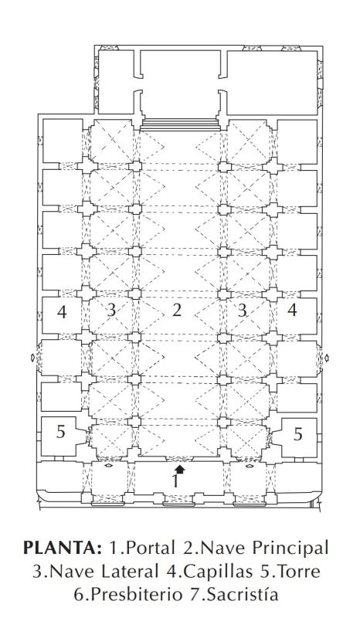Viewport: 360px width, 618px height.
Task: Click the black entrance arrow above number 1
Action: pos(180,469)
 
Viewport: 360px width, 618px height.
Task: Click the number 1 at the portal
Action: pos(175,480)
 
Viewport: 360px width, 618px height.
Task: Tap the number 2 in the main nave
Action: pos(177,311)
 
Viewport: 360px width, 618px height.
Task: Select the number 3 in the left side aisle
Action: pos(111,311)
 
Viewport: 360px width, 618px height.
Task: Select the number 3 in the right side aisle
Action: pos(242,311)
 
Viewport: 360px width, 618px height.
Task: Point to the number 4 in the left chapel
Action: pos(62,312)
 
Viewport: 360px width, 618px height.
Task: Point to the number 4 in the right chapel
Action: pos(292,311)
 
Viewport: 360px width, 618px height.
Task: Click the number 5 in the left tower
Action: pos(60,432)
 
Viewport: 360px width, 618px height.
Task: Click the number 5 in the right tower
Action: pos(298,434)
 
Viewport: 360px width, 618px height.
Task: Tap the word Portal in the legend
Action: pos(151,548)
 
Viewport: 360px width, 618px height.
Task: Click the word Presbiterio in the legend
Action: pos(132,594)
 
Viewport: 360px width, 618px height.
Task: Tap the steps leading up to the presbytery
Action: pos(180,124)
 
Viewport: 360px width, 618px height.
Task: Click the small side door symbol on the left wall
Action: pos(33,358)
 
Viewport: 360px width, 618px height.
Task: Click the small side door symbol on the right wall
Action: pos(327,358)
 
